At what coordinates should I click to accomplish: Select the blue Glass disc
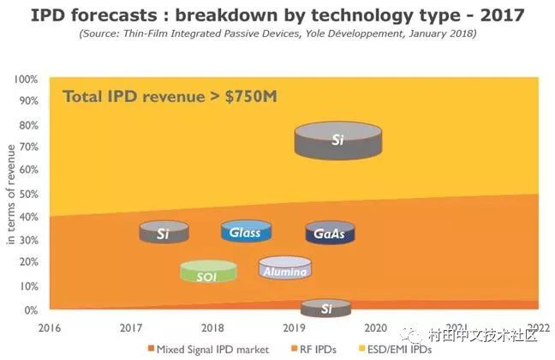[x=245, y=231]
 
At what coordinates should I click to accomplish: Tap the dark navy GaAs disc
[x=330, y=233]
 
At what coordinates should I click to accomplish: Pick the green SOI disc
[x=207, y=272]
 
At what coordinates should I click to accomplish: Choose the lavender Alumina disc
[x=284, y=267]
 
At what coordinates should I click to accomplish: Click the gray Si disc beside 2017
[x=164, y=232]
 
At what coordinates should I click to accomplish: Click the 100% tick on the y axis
[x=26, y=80]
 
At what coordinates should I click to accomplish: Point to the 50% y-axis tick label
[x=28, y=195]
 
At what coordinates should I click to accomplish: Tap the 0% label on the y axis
[x=31, y=310]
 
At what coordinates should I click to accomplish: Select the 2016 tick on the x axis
[x=51, y=327]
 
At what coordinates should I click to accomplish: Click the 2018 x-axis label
[x=212, y=327]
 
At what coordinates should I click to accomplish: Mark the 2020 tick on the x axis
[x=375, y=327]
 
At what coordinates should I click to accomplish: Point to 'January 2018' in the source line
[x=439, y=33]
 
